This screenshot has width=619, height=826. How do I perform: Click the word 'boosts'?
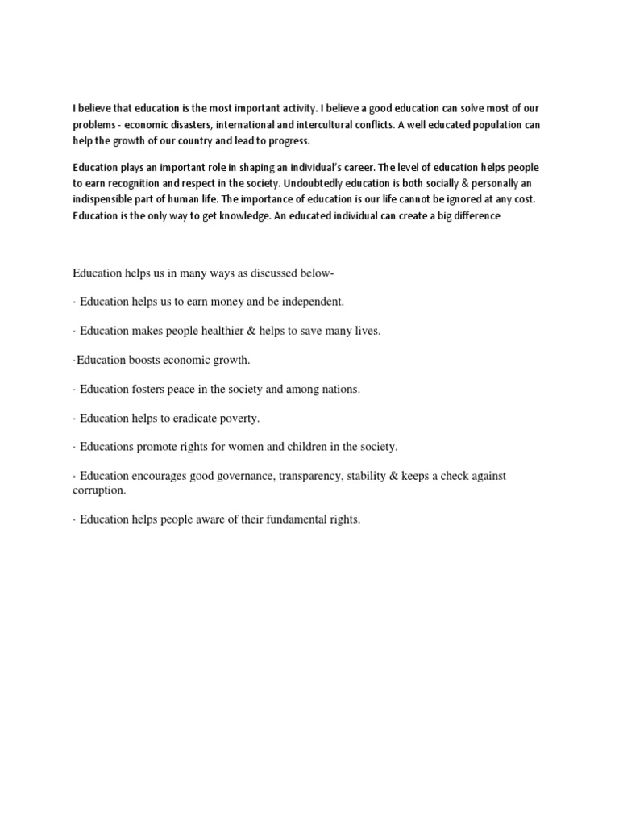coord(146,360)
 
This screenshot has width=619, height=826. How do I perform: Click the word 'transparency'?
coord(309,476)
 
